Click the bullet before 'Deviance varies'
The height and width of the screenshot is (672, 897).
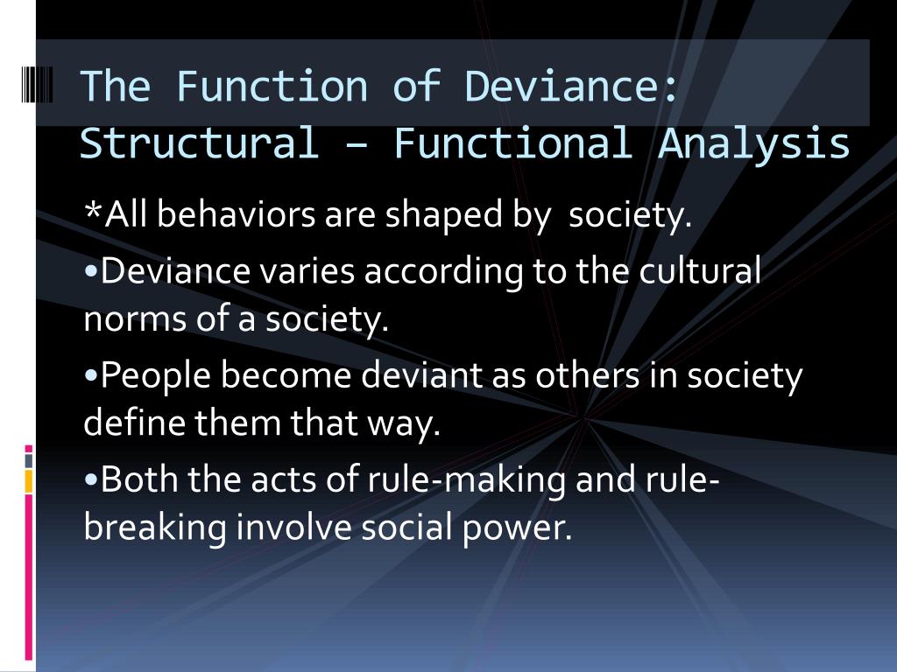click(92, 271)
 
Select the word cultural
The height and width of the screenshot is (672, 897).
click(700, 271)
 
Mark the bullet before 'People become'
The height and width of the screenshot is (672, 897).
click(92, 376)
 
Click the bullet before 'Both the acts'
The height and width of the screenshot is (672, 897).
click(92, 480)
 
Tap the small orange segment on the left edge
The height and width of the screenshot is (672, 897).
click(29, 480)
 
